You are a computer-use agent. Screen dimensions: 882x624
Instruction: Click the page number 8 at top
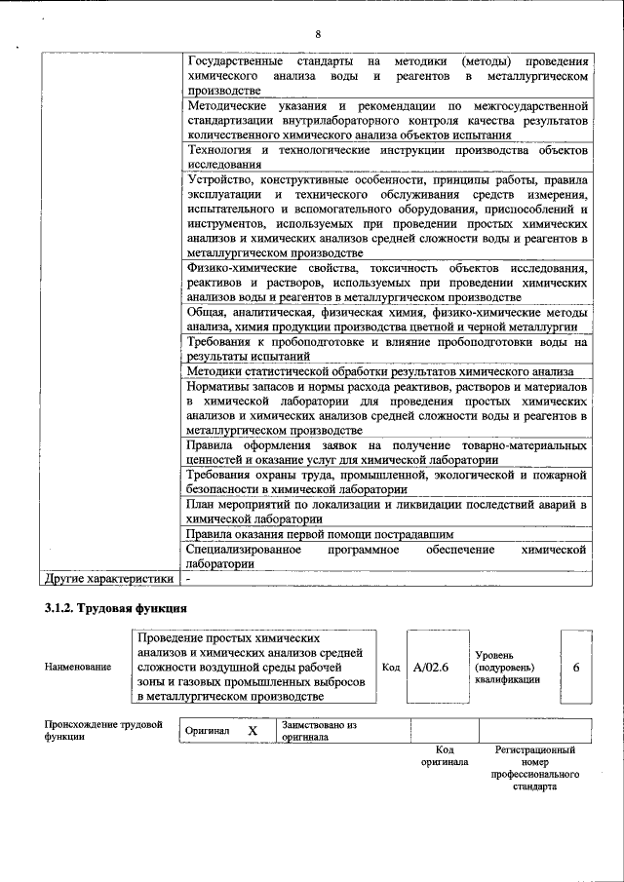[318, 35]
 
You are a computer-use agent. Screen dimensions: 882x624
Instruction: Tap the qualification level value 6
[576, 668]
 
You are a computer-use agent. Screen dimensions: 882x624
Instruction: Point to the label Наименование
[77, 668]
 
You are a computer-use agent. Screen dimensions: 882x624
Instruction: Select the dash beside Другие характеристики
[189, 579]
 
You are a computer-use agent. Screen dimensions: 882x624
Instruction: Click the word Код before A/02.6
[390, 668]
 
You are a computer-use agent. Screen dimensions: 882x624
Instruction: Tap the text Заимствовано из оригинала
[320, 731]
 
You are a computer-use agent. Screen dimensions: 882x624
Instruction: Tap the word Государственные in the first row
[234, 61]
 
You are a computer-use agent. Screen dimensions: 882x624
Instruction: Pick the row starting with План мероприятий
[386, 512]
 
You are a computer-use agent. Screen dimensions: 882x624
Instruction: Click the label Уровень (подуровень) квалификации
[507, 668]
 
